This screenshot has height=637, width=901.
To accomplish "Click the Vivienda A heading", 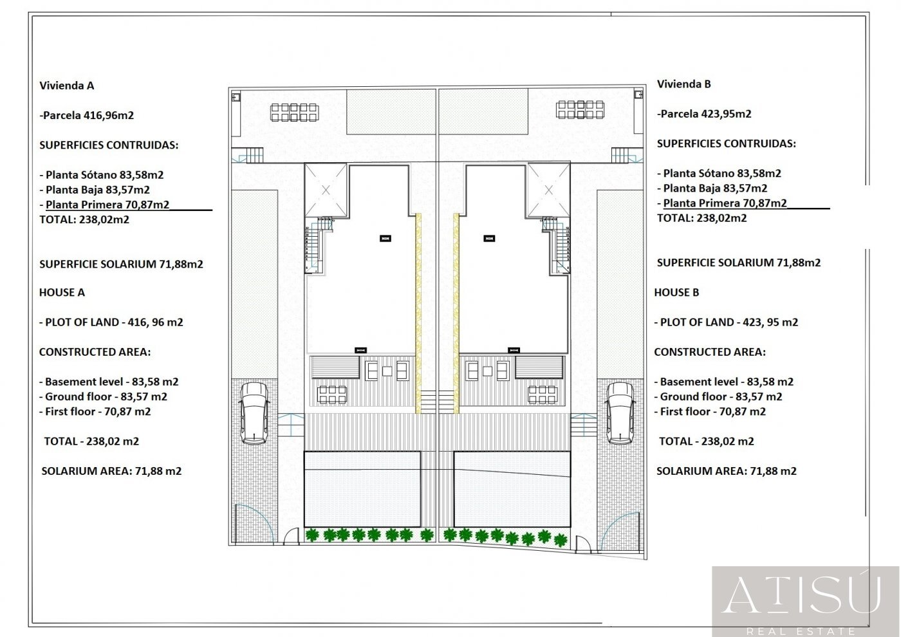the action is [x=67, y=86].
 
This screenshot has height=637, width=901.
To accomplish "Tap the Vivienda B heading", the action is [x=683, y=84].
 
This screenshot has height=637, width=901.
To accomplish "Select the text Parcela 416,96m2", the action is [x=89, y=115].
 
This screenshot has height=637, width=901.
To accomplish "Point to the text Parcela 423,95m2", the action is [x=706, y=114].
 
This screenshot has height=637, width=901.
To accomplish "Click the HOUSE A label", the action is [x=62, y=292].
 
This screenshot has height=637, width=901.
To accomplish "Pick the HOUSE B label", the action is [x=676, y=292].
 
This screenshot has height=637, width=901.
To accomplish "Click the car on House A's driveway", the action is [x=254, y=413].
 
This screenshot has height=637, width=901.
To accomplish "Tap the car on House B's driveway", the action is [x=620, y=413].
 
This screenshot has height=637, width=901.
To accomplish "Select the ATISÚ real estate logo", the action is [x=806, y=601].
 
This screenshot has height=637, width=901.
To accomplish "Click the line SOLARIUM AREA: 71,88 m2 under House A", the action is [x=111, y=471].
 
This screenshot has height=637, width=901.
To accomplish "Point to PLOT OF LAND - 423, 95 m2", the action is [x=726, y=322].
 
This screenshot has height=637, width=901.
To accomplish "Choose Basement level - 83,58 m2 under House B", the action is [x=724, y=382].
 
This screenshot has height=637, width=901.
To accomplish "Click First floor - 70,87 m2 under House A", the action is [x=95, y=411].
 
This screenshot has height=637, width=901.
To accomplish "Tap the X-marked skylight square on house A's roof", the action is [x=326, y=190].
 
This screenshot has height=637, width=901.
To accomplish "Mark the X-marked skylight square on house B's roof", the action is [x=548, y=190].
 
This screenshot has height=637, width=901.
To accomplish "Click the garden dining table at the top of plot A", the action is [x=295, y=112].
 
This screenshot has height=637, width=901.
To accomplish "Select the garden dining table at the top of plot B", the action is [x=580, y=109].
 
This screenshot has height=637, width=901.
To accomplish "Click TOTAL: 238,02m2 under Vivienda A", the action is [x=84, y=219].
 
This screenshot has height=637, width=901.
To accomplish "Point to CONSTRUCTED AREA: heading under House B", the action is [x=710, y=352].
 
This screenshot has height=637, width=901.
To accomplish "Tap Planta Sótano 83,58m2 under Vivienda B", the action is [x=722, y=173].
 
